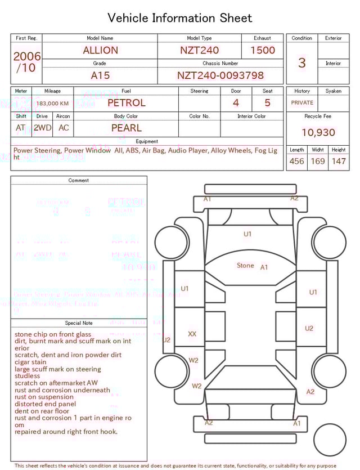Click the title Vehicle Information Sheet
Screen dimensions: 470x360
click(180, 18)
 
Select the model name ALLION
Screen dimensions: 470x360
click(100, 50)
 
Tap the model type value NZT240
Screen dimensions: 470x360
click(199, 50)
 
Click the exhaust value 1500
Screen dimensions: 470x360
click(263, 50)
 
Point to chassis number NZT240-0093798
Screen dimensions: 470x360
click(220, 75)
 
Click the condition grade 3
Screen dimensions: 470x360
click(301, 62)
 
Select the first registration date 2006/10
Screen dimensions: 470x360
click(26, 62)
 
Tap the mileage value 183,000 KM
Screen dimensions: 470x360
click(52, 104)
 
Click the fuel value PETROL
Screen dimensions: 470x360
click(126, 103)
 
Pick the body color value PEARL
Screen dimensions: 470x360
click(126, 128)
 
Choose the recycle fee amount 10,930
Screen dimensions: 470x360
click(318, 132)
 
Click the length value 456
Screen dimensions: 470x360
click(296, 161)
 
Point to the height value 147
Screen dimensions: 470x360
click(339, 161)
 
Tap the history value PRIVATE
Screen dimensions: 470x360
click(302, 103)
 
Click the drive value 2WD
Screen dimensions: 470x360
click(42, 128)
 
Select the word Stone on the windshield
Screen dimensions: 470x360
click(245, 266)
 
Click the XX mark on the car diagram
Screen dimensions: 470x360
click(192, 334)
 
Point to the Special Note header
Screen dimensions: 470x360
click(79, 323)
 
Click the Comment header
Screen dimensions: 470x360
click(79, 181)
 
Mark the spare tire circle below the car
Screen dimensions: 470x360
click(330, 440)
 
